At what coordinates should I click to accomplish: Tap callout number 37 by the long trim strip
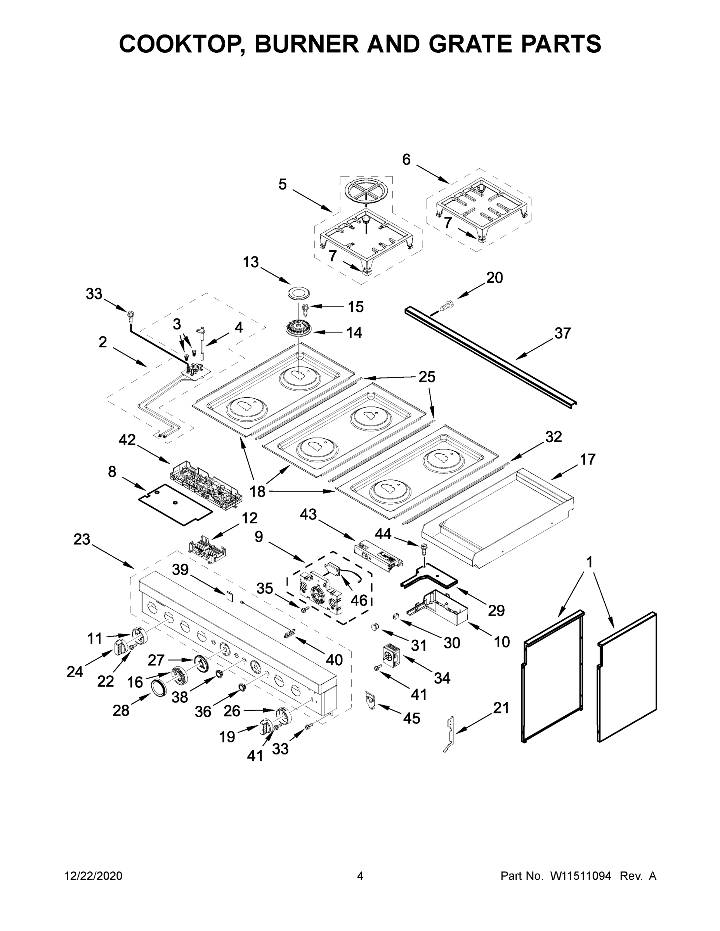(x=562, y=333)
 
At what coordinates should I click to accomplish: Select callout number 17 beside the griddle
(x=587, y=459)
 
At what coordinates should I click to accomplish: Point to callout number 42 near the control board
(x=127, y=440)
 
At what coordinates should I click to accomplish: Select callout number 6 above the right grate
(x=406, y=159)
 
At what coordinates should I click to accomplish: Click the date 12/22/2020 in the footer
(x=93, y=876)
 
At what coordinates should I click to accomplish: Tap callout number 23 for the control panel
(x=82, y=539)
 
